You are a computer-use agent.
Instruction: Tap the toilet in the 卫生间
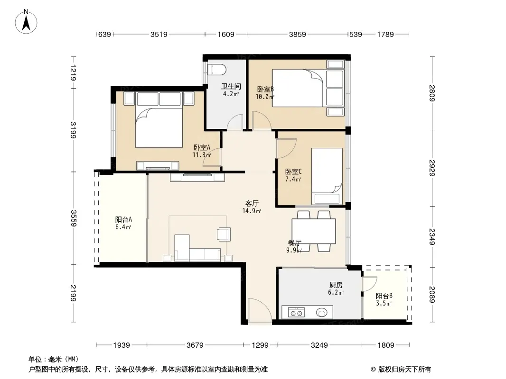[217, 69]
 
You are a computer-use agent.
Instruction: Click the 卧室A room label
[202, 147]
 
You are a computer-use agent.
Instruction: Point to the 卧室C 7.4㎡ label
[293, 175]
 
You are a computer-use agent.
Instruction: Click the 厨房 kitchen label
[336, 285]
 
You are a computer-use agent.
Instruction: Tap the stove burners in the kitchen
[296, 312]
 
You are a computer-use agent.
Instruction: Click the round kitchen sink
[322, 312]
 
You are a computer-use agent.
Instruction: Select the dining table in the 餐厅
[314, 231]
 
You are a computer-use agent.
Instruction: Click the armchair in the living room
[224, 234]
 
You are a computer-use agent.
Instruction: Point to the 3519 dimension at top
[159, 34]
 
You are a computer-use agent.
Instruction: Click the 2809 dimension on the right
[432, 93]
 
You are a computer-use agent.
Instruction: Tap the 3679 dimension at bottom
[195, 345]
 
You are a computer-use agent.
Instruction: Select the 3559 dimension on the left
[74, 218]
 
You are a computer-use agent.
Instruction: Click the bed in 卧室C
[327, 176]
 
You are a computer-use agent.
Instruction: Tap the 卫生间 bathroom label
[231, 86]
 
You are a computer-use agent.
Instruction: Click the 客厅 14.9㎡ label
[252, 207]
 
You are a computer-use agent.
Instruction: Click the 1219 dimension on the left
[74, 73]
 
